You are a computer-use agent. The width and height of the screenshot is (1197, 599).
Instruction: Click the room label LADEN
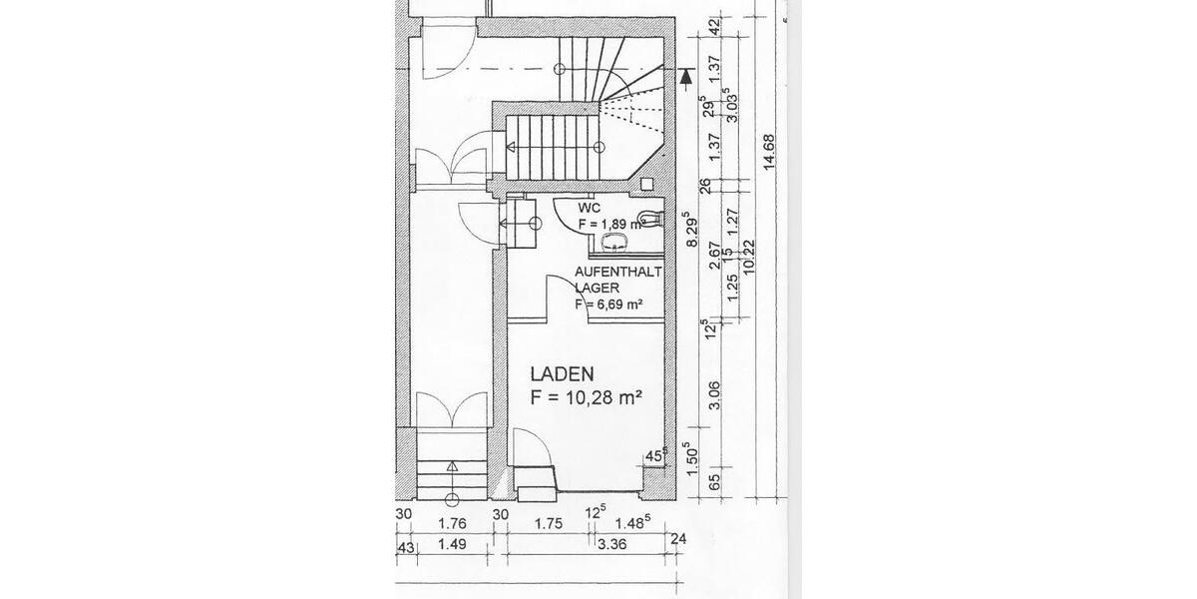point(563,375)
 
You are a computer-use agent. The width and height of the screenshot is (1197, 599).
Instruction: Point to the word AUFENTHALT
point(618,271)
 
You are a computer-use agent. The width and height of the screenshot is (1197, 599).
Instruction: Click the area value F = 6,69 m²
point(607,304)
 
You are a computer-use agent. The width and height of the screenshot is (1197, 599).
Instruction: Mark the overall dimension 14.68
point(769,153)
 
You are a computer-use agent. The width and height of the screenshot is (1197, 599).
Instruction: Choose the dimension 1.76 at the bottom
point(453,522)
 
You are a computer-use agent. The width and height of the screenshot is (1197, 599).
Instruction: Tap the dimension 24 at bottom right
point(680,540)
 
